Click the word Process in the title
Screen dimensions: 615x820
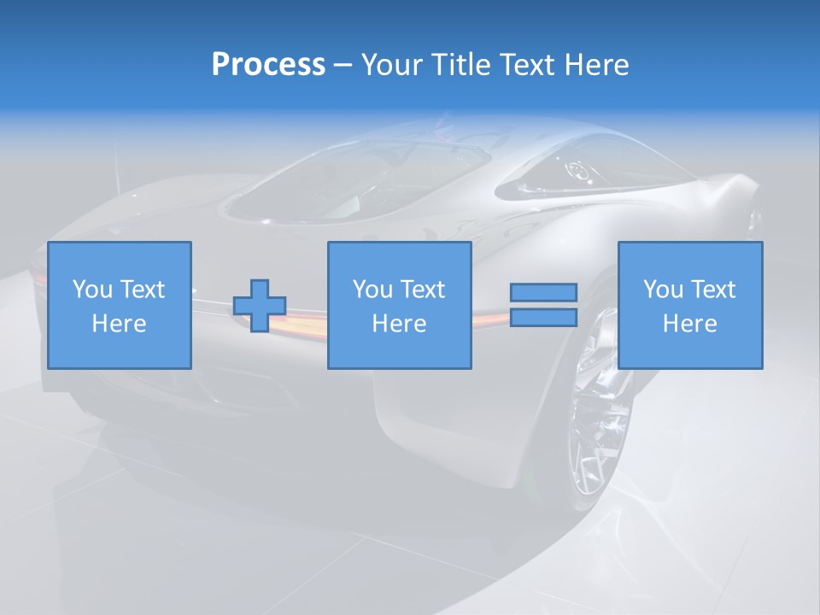point(268,65)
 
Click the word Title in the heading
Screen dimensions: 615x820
point(459,65)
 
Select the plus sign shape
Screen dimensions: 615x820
point(260,306)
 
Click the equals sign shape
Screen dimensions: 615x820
point(543,305)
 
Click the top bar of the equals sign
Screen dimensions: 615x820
point(543,292)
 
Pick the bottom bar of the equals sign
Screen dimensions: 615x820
point(543,318)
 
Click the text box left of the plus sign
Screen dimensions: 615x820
point(120,305)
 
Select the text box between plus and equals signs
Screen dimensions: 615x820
point(400,305)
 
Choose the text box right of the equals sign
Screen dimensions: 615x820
point(690,305)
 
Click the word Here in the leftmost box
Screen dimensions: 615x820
point(120,324)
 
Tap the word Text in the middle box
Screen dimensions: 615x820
point(423,290)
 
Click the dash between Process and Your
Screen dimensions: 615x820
point(343,65)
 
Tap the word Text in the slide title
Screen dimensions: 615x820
point(527,65)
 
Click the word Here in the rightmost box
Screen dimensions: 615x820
point(690,324)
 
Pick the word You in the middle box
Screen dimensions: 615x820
point(373,290)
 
